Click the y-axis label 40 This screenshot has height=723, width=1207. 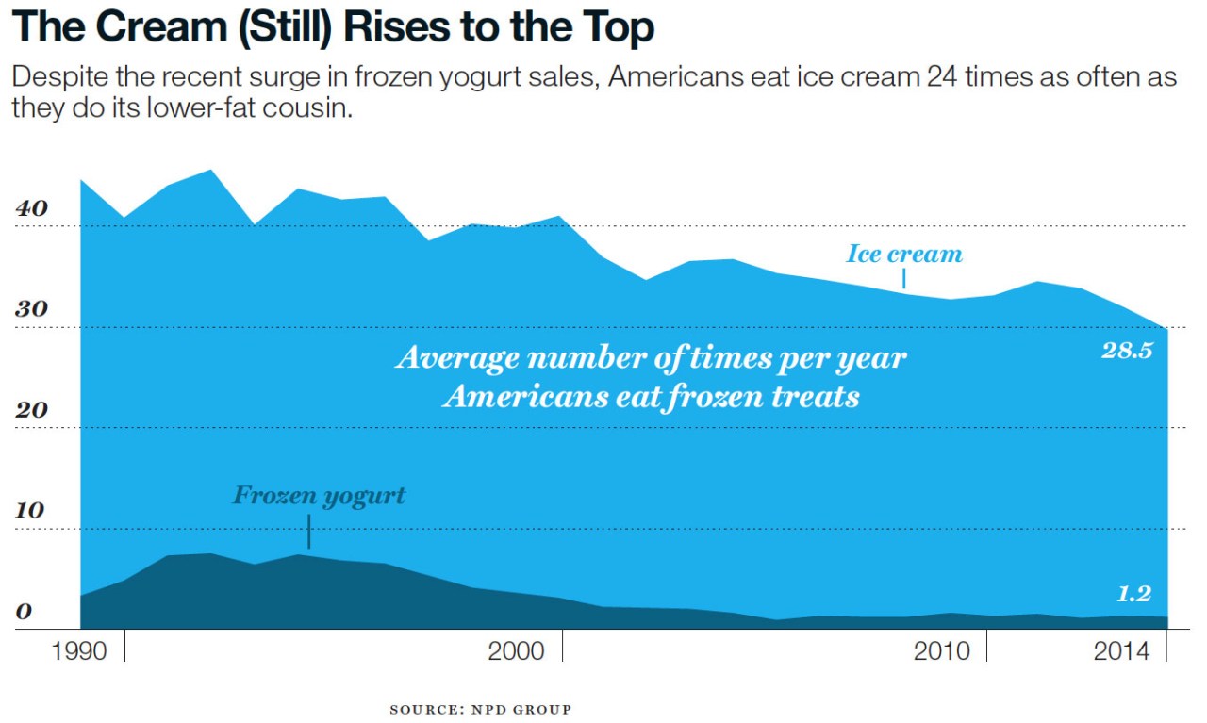(31, 209)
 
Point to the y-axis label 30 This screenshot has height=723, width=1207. (31, 310)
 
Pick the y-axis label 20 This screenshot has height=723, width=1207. (31, 411)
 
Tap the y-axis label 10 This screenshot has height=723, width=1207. (31, 511)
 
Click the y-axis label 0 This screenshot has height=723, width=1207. (23, 612)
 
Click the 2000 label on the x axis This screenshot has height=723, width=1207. (516, 651)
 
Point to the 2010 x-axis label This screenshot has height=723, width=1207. (941, 651)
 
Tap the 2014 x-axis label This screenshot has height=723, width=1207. (1121, 651)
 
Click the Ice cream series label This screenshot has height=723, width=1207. (904, 254)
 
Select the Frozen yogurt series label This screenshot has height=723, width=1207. (319, 496)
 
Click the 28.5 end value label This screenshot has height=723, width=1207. (1127, 351)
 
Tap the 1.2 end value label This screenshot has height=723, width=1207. (1134, 594)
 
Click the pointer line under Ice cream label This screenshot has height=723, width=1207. (904, 278)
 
